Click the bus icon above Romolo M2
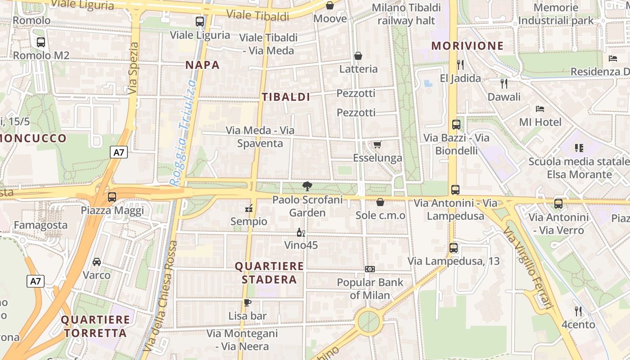(41, 42)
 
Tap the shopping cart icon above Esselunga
(377, 144)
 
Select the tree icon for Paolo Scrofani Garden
(307, 186)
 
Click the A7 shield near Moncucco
(119, 152)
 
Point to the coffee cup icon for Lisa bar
(247, 302)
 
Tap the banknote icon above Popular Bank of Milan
(370, 269)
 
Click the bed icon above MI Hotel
(540, 109)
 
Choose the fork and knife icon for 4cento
(578, 311)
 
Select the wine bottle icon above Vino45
(301, 232)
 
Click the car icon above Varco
(97, 262)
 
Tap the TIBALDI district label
(286, 97)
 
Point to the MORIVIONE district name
(468, 45)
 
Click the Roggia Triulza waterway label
(183, 133)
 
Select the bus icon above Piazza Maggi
(112, 197)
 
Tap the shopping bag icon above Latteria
(358, 55)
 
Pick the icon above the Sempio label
(248, 208)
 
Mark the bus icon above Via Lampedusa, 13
(454, 247)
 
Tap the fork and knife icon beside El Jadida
(460, 65)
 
